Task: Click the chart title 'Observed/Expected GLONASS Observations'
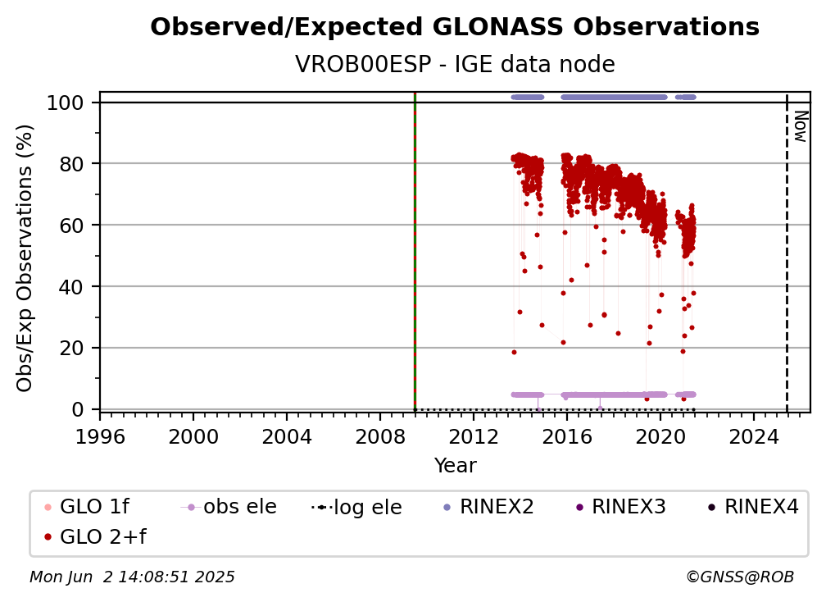click(x=455, y=27)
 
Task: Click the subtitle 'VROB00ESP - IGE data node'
click(x=455, y=64)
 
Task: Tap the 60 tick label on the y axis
click(x=71, y=226)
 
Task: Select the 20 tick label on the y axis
click(x=71, y=349)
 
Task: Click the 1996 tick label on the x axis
click(x=100, y=437)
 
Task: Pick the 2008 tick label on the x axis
click(x=380, y=437)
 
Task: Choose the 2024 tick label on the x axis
click(x=754, y=437)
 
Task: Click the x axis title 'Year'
click(x=455, y=466)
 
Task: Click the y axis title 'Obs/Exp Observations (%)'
click(x=25, y=258)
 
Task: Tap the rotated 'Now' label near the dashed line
click(x=801, y=126)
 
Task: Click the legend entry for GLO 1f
click(x=87, y=507)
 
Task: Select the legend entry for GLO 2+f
click(x=95, y=537)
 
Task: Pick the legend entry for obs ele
click(x=229, y=507)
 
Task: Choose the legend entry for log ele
click(x=356, y=507)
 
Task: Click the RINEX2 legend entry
click(x=488, y=507)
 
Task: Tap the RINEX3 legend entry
click(x=620, y=507)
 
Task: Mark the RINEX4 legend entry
click(x=753, y=507)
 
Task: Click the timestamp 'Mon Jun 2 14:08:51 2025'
click(x=132, y=577)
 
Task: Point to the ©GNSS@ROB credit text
click(x=740, y=577)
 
